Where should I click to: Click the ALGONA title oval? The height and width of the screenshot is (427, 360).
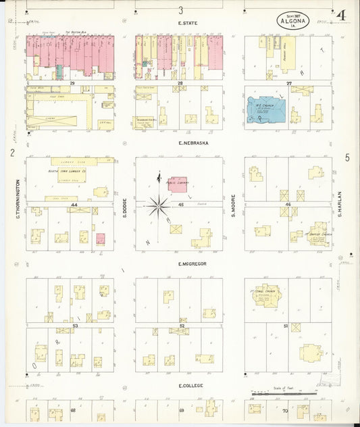click(292, 20)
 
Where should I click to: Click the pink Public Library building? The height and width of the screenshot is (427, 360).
click(178, 184)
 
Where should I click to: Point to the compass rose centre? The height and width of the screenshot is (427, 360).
click(159, 203)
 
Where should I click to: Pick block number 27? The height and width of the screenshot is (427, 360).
click(288, 83)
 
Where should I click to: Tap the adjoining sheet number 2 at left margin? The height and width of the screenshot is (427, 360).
click(12, 153)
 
